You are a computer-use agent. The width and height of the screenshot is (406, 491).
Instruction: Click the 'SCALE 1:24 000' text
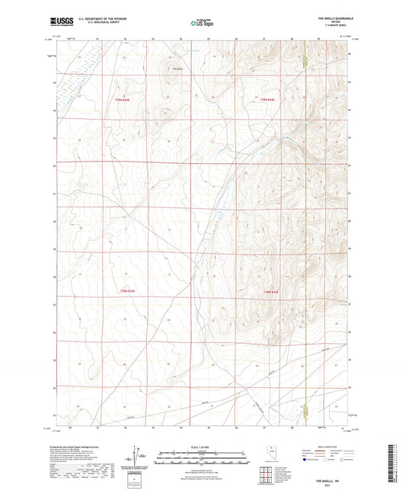coord(203,446)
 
